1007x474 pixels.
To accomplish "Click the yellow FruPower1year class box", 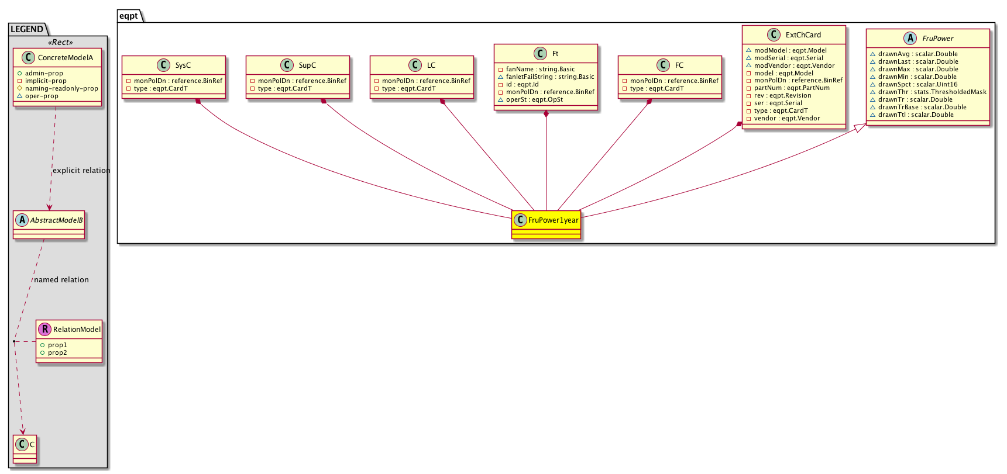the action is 546,225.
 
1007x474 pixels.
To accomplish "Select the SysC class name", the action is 183,65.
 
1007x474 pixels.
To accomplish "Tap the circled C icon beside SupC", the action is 287,65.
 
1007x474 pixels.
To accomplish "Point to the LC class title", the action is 431,65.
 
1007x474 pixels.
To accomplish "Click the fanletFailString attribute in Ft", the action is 550,77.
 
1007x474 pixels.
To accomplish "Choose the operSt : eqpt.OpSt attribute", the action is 534,99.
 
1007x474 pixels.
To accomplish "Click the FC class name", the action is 679,65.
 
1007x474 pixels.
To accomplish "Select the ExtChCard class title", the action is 803,35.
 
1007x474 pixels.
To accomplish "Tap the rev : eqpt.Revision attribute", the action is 782,95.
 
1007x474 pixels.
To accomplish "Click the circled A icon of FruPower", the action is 910,38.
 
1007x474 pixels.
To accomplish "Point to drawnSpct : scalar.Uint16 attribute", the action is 917,84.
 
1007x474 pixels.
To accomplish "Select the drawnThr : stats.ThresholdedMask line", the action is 932,92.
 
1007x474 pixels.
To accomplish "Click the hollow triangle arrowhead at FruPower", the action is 860,127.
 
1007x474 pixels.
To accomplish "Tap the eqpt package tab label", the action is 129,16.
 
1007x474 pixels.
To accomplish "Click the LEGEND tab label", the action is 27,29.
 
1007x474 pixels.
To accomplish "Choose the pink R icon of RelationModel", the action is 44,329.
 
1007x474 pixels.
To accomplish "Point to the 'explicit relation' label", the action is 81,171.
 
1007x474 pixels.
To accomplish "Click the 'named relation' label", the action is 61,280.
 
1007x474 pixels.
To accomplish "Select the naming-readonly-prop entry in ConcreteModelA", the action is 61,88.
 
